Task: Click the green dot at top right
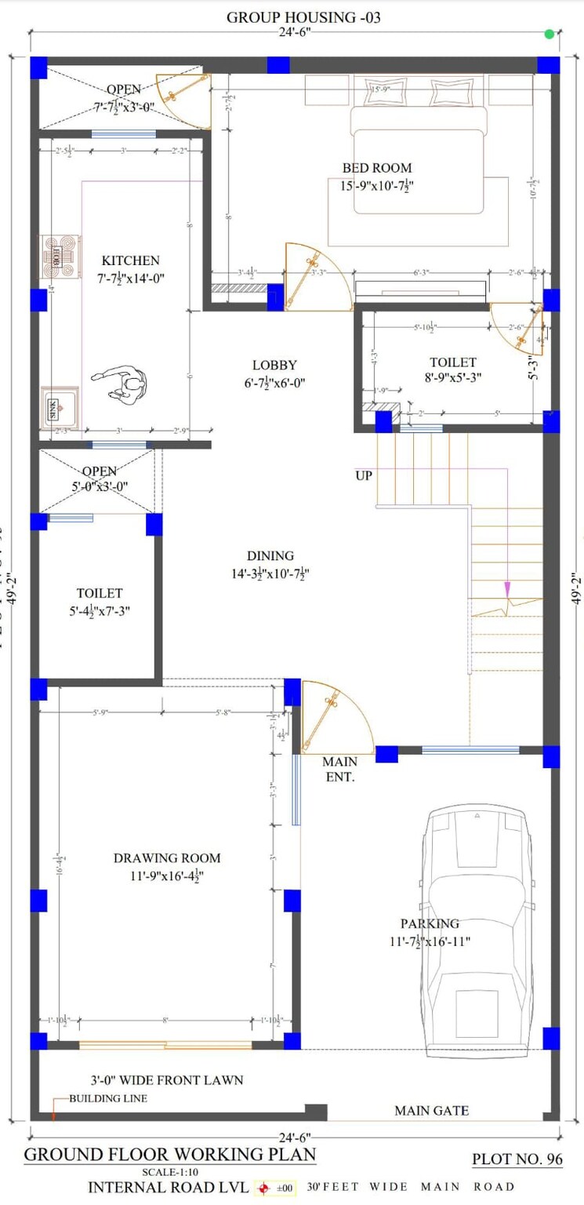[x=550, y=34]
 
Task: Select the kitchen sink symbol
[x=60, y=406]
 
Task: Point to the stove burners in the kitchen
[x=60, y=257]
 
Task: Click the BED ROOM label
[x=376, y=168]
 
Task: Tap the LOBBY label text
[x=274, y=365]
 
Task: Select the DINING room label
[x=270, y=555]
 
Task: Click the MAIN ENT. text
[x=339, y=770]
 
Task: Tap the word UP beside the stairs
[x=364, y=475]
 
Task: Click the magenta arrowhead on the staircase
[x=508, y=588]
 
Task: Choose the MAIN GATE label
[x=431, y=1110]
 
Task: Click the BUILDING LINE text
[x=108, y=1098]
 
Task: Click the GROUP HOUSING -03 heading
[x=303, y=16]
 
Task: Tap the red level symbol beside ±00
[x=263, y=1188]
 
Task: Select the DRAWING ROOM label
[x=166, y=858]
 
